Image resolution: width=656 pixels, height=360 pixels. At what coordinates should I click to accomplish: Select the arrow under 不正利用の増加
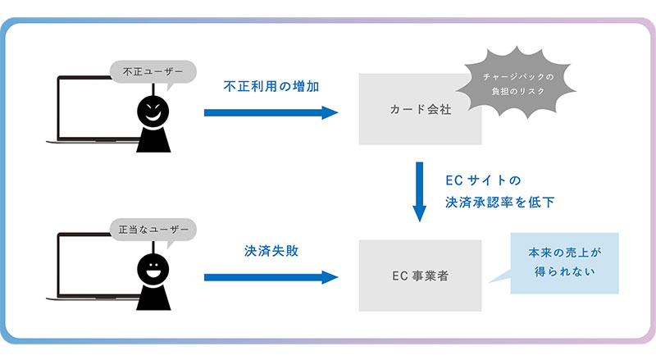271,112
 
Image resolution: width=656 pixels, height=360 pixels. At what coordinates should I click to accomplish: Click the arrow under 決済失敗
271,276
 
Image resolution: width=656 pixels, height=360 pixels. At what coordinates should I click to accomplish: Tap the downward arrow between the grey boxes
420,192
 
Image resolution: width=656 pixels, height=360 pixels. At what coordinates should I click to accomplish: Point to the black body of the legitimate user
153,296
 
